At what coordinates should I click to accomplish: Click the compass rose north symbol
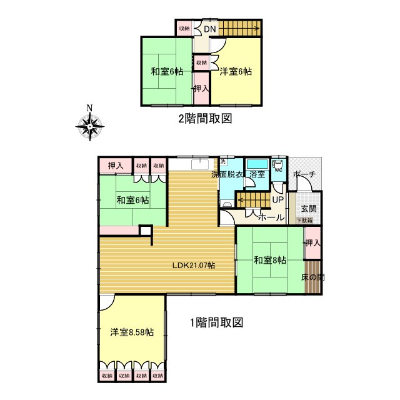(89, 124)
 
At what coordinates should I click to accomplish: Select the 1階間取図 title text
(216, 323)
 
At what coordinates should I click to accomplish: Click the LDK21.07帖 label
(194, 265)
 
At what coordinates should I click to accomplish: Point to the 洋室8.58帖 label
(132, 332)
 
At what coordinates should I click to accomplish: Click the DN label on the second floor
(210, 28)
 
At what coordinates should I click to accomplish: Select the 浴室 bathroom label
(257, 174)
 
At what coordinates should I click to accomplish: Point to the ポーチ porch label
(304, 174)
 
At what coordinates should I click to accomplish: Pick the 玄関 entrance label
(309, 209)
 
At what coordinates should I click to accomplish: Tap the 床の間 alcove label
(312, 276)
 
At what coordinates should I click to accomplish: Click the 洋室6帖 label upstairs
(236, 72)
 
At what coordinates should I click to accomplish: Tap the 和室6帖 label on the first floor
(132, 201)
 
